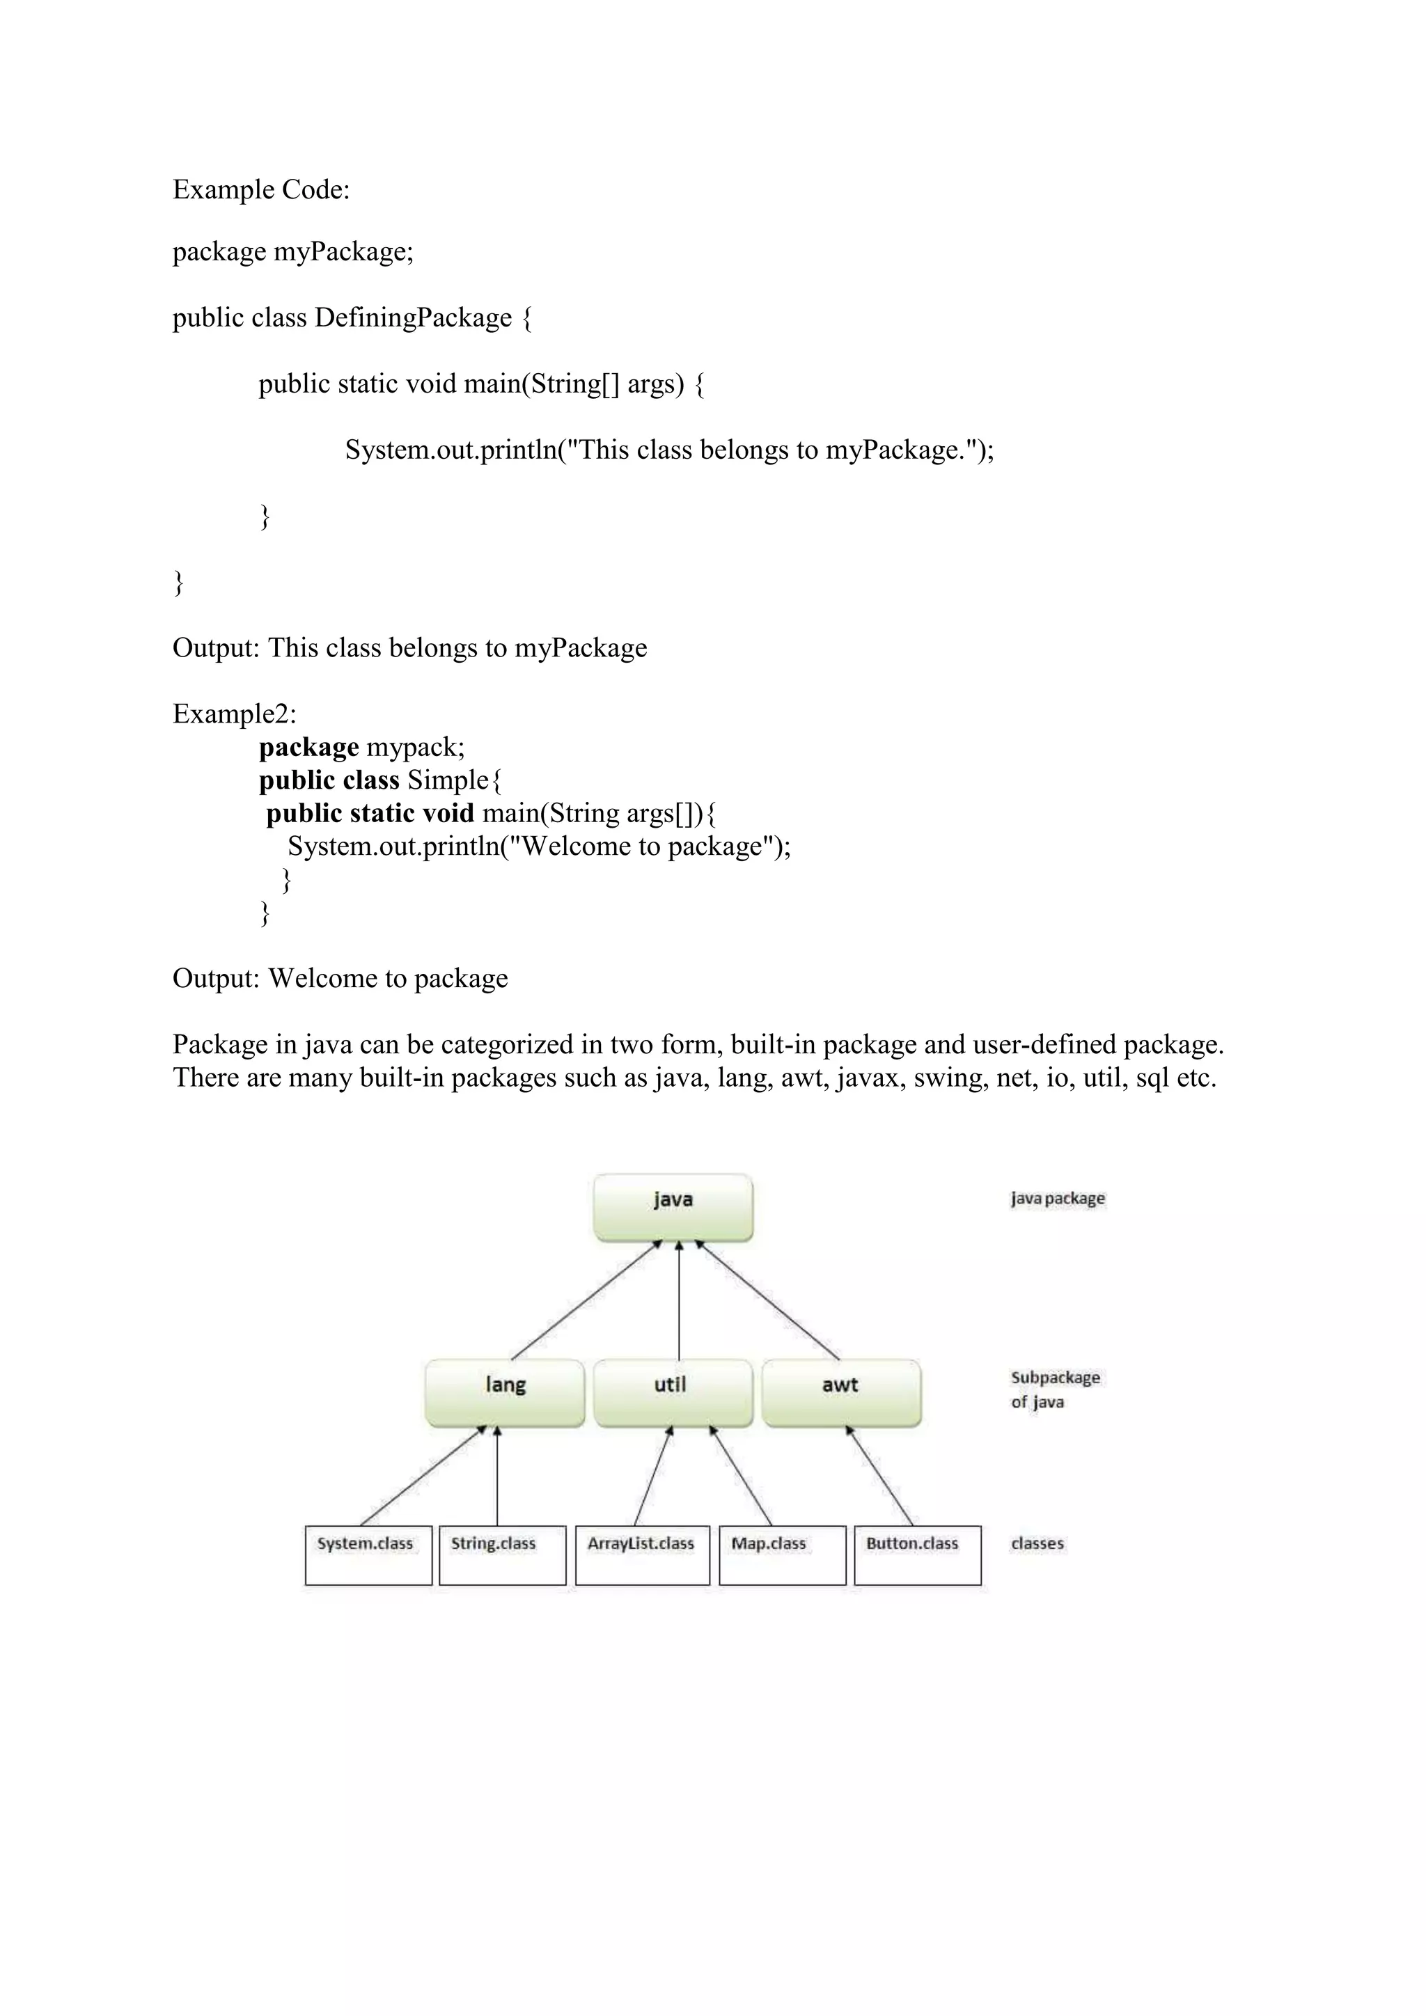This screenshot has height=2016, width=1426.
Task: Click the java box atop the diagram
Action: coord(673,1207)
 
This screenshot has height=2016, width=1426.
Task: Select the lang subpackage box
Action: coord(505,1392)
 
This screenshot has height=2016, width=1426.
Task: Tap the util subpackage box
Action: coord(673,1392)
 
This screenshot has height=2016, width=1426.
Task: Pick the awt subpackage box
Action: coord(841,1392)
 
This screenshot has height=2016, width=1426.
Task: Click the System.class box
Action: coord(368,1555)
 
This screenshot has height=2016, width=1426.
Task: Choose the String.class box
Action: coord(502,1555)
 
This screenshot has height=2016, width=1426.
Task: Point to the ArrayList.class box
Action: coord(642,1555)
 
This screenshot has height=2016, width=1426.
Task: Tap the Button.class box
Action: coord(917,1555)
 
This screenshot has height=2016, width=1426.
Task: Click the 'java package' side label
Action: coord(1057,1199)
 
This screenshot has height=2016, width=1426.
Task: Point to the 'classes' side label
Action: coord(1037,1543)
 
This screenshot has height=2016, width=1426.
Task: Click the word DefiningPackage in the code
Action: coord(413,318)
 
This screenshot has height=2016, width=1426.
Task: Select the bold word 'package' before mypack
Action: coord(308,747)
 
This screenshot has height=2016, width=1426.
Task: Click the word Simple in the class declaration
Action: coord(447,780)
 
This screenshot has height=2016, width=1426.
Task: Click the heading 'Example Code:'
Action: coord(261,189)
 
